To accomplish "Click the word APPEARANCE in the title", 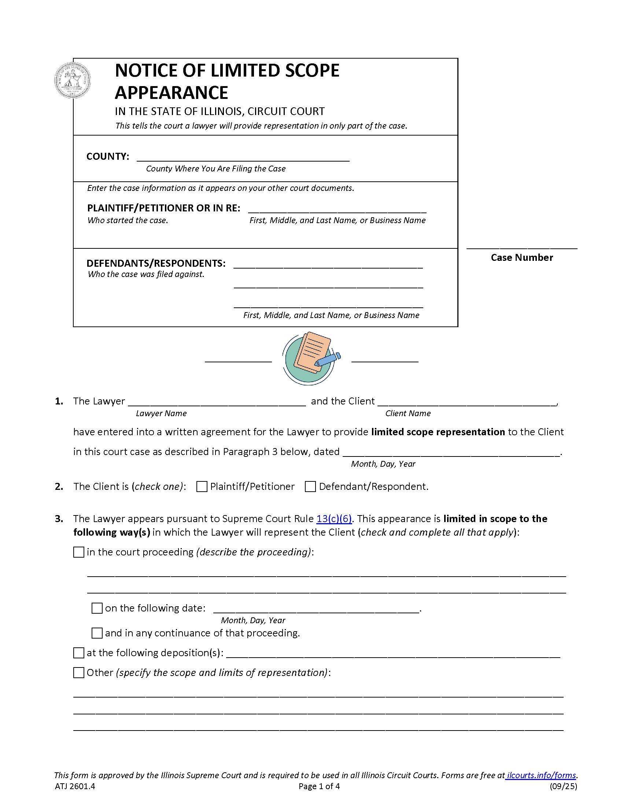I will [x=171, y=92].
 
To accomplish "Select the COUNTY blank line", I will [x=243, y=157].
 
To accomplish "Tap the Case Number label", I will [x=521, y=258].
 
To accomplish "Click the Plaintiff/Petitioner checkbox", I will [x=202, y=487].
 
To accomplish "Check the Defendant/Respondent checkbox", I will [x=310, y=487].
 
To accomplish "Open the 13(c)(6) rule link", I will [x=334, y=519].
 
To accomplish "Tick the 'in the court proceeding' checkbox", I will [x=79, y=552].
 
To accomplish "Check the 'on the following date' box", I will [x=97, y=609].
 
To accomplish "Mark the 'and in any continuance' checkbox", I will [x=97, y=633].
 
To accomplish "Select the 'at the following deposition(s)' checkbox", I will [x=79, y=653].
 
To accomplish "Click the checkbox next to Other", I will [x=79, y=673].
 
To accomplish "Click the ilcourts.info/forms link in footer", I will [x=541, y=775].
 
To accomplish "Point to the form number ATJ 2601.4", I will [x=75, y=787].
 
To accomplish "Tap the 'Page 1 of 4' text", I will [x=319, y=787].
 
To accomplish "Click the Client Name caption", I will [x=408, y=413].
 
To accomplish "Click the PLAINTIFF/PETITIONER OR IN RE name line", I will [x=337, y=209].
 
